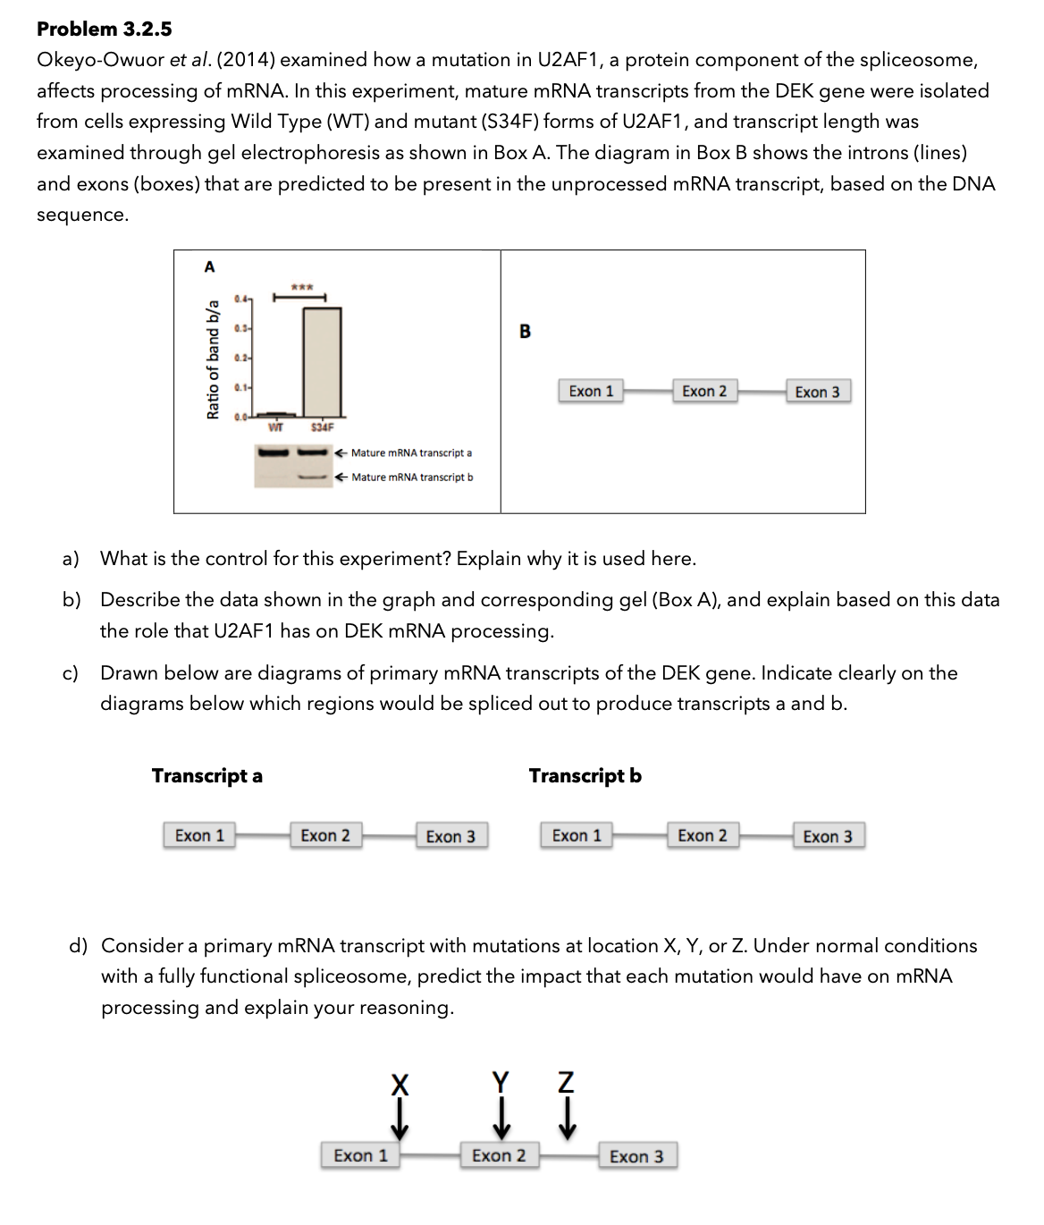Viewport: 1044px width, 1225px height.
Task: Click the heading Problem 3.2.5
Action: pos(105,29)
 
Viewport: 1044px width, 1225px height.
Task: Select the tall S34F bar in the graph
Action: pos(322,360)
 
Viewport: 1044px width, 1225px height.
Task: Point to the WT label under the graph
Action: pos(277,427)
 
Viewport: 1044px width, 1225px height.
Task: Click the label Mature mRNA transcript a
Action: pos(411,453)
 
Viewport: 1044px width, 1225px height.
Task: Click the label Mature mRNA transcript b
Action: pos(412,477)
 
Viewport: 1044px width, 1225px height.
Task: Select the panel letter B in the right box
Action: pos(525,332)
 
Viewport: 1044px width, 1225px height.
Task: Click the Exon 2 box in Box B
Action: pos(704,392)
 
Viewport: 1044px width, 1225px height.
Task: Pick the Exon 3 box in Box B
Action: pos(817,393)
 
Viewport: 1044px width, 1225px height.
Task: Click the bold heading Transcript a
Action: pos(207,775)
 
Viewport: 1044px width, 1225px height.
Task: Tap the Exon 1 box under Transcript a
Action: pos(199,836)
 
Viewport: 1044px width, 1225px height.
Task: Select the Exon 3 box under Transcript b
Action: pos(828,837)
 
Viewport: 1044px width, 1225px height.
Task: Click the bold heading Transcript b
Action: pos(585,775)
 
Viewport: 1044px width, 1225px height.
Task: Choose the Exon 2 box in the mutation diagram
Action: pos(499,1155)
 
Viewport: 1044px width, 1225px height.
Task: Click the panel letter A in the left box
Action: pos(209,266)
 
